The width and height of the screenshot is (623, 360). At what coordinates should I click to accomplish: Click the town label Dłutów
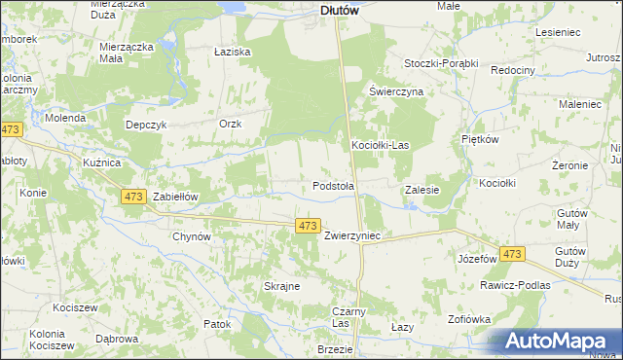point(341,11)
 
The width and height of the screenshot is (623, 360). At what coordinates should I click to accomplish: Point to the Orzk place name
point(230,124)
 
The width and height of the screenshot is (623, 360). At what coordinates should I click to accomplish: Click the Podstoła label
point(333,185)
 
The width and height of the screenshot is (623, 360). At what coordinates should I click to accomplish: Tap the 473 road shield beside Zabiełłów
point(134,197)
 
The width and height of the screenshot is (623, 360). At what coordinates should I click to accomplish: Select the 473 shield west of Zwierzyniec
point(308,226)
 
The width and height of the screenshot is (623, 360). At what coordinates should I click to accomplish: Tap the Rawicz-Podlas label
point(515,286)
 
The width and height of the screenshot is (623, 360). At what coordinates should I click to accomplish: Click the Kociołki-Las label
point(380,146)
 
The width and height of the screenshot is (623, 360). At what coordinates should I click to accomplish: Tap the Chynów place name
point(191,236)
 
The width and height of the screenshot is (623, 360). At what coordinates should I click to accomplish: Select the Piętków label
point(480,139)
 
